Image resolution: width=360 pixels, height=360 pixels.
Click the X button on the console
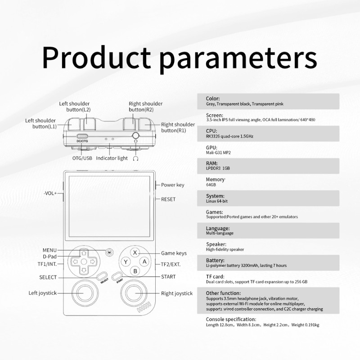click(135, 252)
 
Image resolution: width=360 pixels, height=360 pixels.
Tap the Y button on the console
click(126, 262)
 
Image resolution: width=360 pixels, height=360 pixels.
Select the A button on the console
click(144, 261)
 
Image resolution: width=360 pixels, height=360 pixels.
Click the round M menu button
click(109, 252)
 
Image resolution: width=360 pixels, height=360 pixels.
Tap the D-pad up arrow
click(84, 253)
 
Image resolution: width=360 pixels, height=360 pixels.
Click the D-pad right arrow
click(93, 261)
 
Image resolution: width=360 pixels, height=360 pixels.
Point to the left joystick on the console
click(85, 293)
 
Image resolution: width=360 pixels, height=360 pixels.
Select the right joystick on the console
click(134, 293)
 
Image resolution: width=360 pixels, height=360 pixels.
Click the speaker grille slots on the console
click(144, 307)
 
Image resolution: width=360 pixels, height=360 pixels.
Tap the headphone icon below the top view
click(136, 158)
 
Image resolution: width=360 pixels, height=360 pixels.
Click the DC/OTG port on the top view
click(82, 136)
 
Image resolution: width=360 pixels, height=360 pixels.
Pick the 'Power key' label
click(173, 185)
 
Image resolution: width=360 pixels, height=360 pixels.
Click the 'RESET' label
click(168, 199)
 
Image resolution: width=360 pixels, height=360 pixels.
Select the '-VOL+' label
click(50, 193)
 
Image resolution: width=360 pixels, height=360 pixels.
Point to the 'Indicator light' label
click(112, 158)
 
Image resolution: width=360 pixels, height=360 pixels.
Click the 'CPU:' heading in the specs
click(211, 131)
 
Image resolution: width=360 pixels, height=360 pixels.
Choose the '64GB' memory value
click(211, 184)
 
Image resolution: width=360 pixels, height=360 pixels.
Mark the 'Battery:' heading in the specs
click(215, 261)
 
